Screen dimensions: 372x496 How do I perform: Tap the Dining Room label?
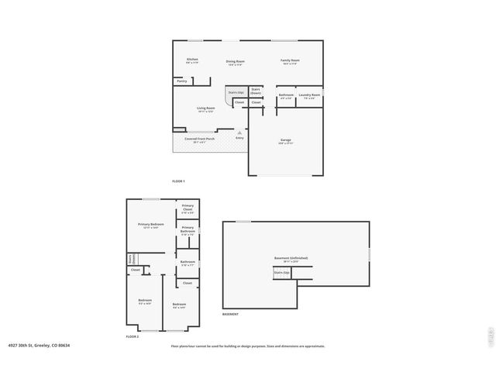[236, 62]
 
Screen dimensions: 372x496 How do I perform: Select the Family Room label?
[291, 61]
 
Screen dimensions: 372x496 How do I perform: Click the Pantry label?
[181, 81]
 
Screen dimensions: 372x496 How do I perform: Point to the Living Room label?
[205, 109]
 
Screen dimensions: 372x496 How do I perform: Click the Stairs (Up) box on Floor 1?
[236, 92]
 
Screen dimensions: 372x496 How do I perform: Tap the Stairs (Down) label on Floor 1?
[256, 91]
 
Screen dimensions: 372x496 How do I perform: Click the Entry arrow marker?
[239, 133]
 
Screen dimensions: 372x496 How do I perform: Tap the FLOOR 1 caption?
[178, 181]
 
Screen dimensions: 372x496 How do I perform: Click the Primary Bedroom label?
[151, 226]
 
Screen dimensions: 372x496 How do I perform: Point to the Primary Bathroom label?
[188, 230]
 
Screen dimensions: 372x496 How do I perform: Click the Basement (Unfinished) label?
[291, 259]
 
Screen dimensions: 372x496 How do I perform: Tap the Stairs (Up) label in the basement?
[281, 273]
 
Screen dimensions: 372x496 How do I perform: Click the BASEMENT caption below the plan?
[230, 314]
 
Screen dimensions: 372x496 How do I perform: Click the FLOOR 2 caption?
[133, 336]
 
